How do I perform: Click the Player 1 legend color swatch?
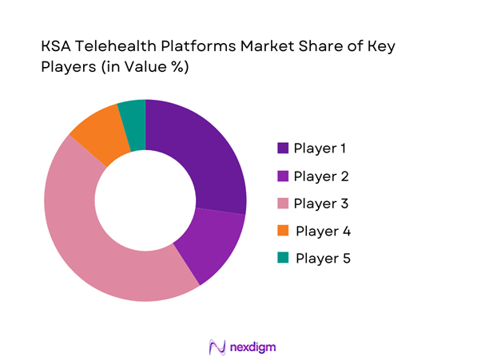(283, 148)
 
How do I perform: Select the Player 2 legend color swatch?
(283, 176)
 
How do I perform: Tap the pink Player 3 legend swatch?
(283, 204)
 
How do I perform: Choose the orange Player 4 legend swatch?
(283, 231)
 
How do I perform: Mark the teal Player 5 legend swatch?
(283, 259)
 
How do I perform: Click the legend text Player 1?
(321, 148)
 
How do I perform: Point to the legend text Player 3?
(321, 204)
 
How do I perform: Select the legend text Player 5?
(323, 259)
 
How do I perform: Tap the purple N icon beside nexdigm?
(216, 347)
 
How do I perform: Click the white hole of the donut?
(145, 200)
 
